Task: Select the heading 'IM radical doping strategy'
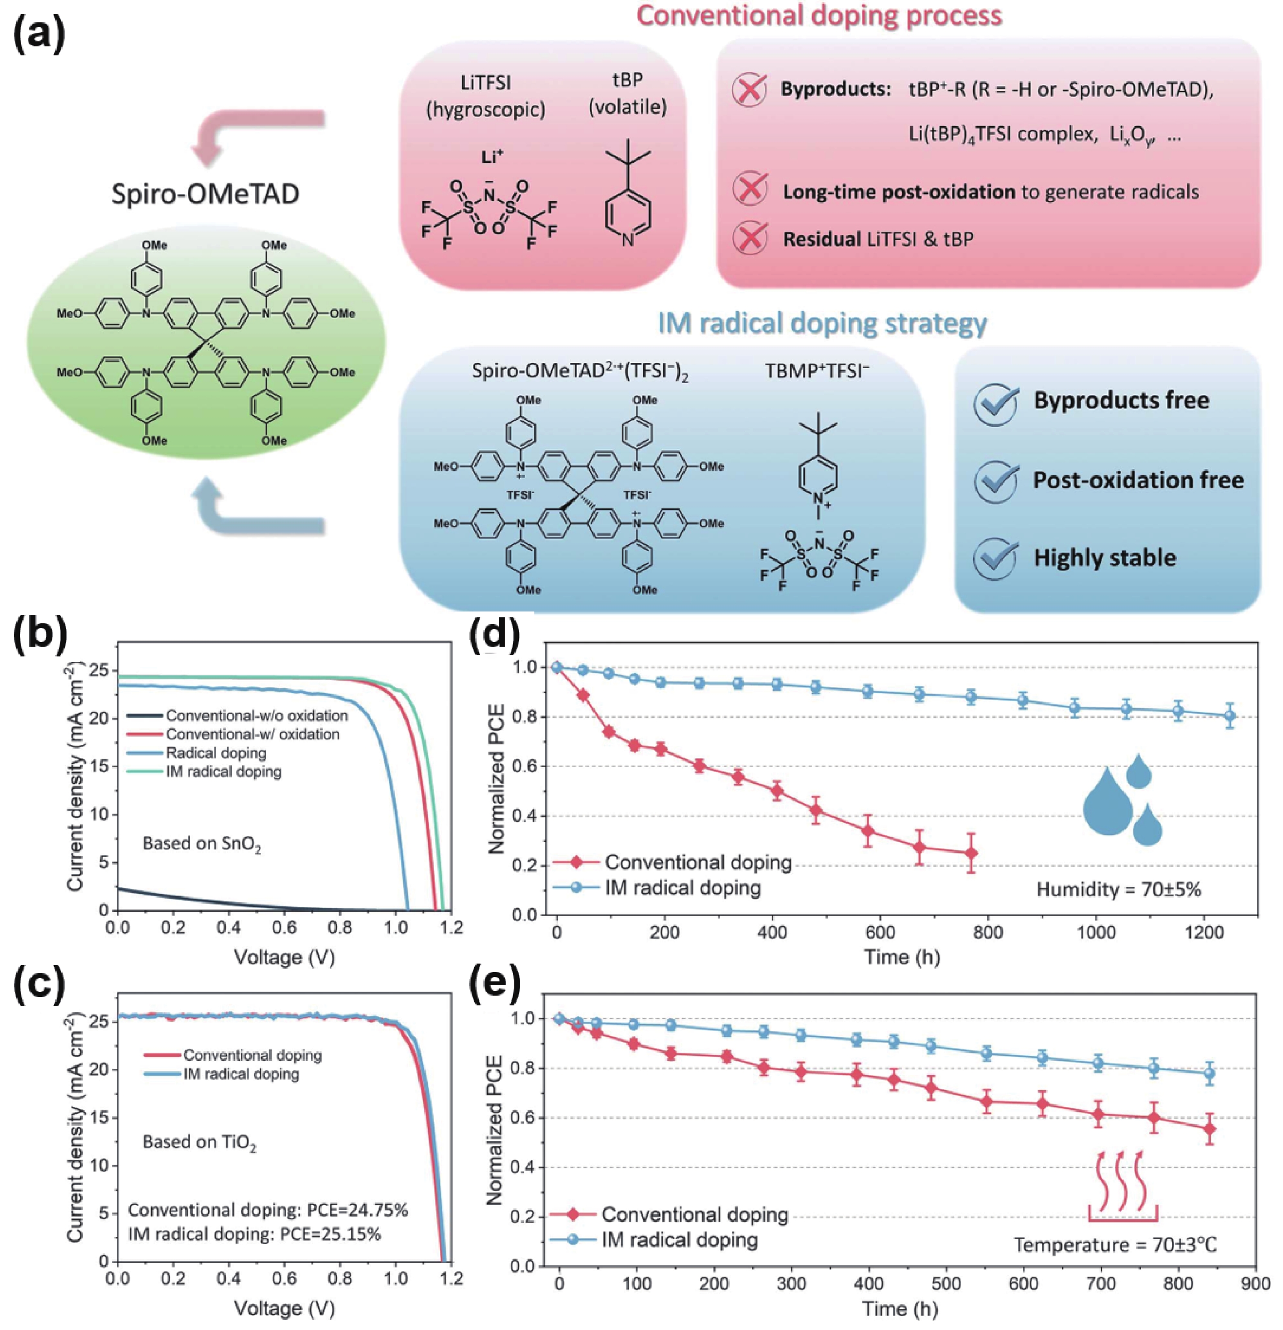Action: tap(822, 323)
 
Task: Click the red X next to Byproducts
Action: tap(749, 90)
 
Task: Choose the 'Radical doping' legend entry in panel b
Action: tap(215, 753)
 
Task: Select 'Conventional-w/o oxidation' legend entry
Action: tap(256, 715)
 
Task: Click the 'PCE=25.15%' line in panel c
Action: tap(254, 1233)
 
